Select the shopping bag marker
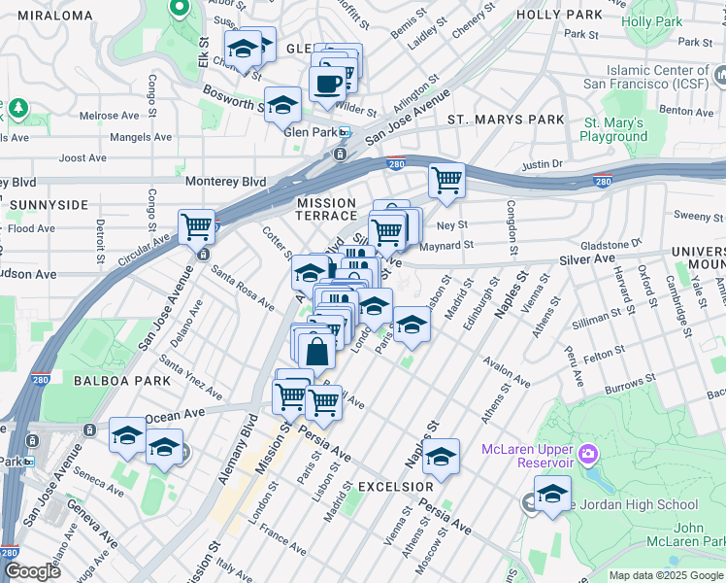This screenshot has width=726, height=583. click(316, 350)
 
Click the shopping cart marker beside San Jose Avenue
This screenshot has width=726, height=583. click(197, 226)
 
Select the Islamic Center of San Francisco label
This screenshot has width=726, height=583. click(659, 77)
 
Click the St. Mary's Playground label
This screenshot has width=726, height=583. click(613, 130)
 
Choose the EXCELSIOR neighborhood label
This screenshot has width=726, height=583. click(395, 486)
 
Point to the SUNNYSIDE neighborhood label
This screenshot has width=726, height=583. click(46, 205)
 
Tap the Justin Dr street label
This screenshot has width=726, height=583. click(542, 165)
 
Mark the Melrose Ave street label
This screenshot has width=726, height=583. click(110, 116)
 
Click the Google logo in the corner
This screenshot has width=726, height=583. click(32, 570)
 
